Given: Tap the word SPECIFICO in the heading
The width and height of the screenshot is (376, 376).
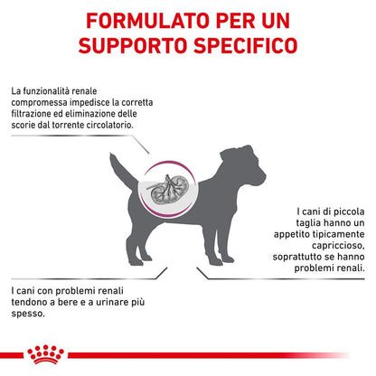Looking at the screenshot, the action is (x=245, y=45).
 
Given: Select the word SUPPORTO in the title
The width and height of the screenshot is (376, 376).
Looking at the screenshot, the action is (x=133, y=45).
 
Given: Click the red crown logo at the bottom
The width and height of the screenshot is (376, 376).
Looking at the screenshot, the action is (x=45, y=354).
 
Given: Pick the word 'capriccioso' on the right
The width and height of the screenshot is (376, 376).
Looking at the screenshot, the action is (x=338, y=246).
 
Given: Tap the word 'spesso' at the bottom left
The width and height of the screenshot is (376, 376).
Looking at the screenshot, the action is (x=28, y=314).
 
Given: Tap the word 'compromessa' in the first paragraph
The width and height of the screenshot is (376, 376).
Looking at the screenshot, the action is (x=39, y=103).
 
